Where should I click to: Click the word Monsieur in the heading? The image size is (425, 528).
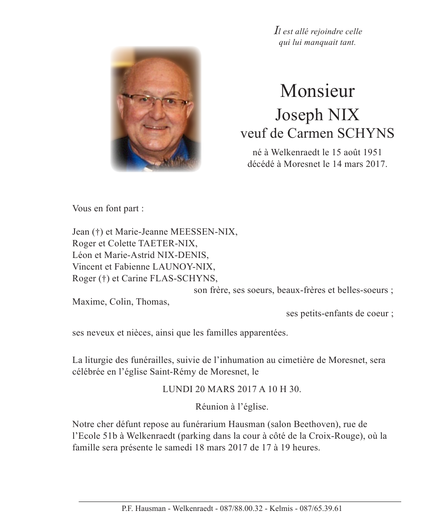tap(317, 91)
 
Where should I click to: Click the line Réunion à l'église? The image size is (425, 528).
tap(232, 407)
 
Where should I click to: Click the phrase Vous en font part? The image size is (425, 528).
tap(108, 209)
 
